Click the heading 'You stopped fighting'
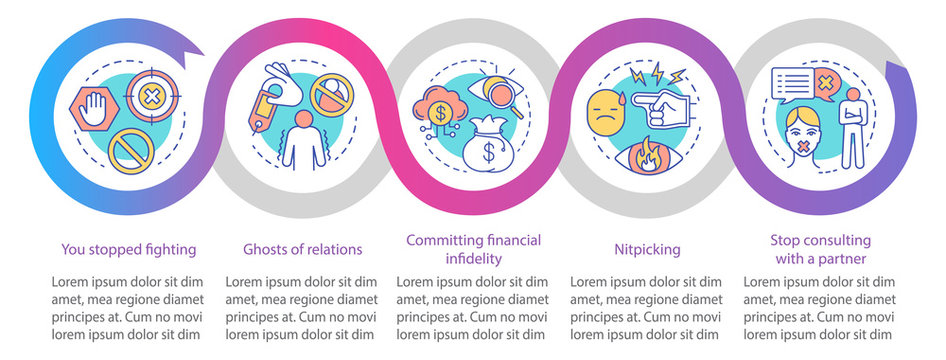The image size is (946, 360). click(x=127, y=249)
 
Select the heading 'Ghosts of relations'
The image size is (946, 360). click(x=302, y=249)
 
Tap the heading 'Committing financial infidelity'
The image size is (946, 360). click(x=473, y=249)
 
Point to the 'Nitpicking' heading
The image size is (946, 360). click(x=646, y=249)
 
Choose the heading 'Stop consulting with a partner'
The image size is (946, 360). click(x=820, y=249)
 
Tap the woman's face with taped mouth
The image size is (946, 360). click(x=805, y=147)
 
